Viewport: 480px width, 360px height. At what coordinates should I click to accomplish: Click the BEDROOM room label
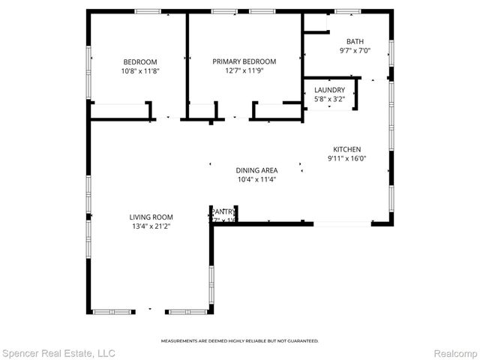(140, 61)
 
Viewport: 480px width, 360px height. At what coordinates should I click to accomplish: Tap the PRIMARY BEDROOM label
(244, 61)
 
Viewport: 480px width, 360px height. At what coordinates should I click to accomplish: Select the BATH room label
(355, 41)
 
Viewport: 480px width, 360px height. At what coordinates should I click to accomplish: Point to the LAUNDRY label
(328, 89)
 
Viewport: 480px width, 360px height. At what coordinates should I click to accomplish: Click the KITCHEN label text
(347, 149)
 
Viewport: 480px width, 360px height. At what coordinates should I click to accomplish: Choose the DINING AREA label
(256, 170)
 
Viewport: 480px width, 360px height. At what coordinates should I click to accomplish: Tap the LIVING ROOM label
(151, 217)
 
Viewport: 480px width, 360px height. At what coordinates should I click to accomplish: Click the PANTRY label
(223, 212)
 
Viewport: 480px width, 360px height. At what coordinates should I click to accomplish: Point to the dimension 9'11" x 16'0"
(347, 158)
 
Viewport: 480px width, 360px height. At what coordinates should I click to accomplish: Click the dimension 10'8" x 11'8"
(140, 70)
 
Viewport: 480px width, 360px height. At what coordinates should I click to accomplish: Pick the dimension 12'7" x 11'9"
(244, 70)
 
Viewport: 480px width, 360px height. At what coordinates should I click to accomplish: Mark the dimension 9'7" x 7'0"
(355, 51)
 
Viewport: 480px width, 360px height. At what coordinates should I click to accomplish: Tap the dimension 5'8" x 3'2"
(328, 98)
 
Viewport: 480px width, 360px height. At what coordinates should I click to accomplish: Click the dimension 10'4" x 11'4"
(256, 179)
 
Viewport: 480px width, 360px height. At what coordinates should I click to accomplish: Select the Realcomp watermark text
(454, 352)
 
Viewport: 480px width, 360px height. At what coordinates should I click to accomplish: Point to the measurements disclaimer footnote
(240, 340)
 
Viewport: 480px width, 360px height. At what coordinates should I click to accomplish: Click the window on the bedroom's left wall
(90, 71)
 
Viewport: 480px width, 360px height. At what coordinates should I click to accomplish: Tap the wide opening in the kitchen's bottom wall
(341, 223)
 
